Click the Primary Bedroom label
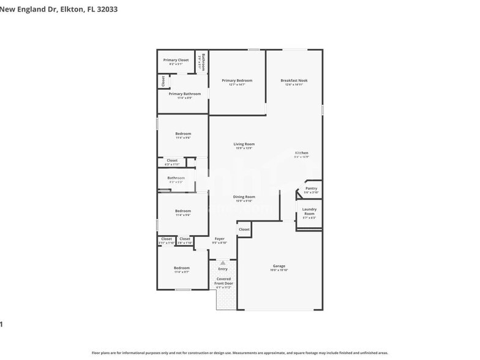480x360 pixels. (237, 80)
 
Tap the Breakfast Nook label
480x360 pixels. (294, 80)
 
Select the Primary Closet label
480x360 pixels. (176, 60)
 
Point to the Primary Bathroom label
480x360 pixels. (181, 94)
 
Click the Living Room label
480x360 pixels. (244, 144)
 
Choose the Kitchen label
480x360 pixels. (301, 152)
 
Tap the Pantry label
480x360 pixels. (311, 189)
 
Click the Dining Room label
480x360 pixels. (244, 197)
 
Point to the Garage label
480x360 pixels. (279, 266)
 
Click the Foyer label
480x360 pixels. (219, 238)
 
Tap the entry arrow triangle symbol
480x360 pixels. (223, 263)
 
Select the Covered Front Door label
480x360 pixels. (223, 281)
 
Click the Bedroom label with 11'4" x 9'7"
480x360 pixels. (182, 268)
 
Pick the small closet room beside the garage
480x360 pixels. (244, 229)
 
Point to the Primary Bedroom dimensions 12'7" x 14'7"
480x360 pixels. (237, 84)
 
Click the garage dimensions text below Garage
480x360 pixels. (279, 270)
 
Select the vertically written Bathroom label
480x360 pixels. (203, 62)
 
